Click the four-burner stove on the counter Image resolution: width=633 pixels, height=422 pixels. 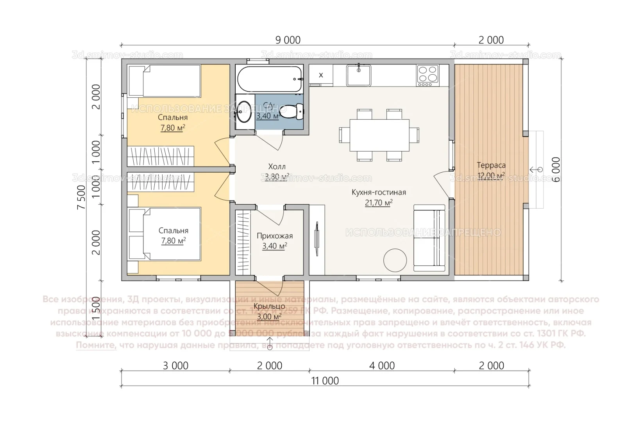(428, 75)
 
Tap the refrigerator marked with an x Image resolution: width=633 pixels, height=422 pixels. (321, 75)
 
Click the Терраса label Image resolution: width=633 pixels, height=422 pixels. (491, 165)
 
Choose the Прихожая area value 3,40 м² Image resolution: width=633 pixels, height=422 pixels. (275, 246)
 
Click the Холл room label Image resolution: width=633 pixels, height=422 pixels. (277, 167)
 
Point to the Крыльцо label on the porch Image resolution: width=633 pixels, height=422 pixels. (269, 306)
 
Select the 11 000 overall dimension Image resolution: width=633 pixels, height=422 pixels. (325, 381)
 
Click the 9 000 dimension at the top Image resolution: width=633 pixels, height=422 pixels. (288, 40)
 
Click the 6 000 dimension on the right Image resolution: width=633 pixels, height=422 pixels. (556, 169)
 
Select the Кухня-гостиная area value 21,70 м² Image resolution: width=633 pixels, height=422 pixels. (379, 203)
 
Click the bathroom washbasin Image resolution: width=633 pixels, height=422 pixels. (245, 112)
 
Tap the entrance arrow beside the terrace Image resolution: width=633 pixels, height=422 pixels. (536, 169)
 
